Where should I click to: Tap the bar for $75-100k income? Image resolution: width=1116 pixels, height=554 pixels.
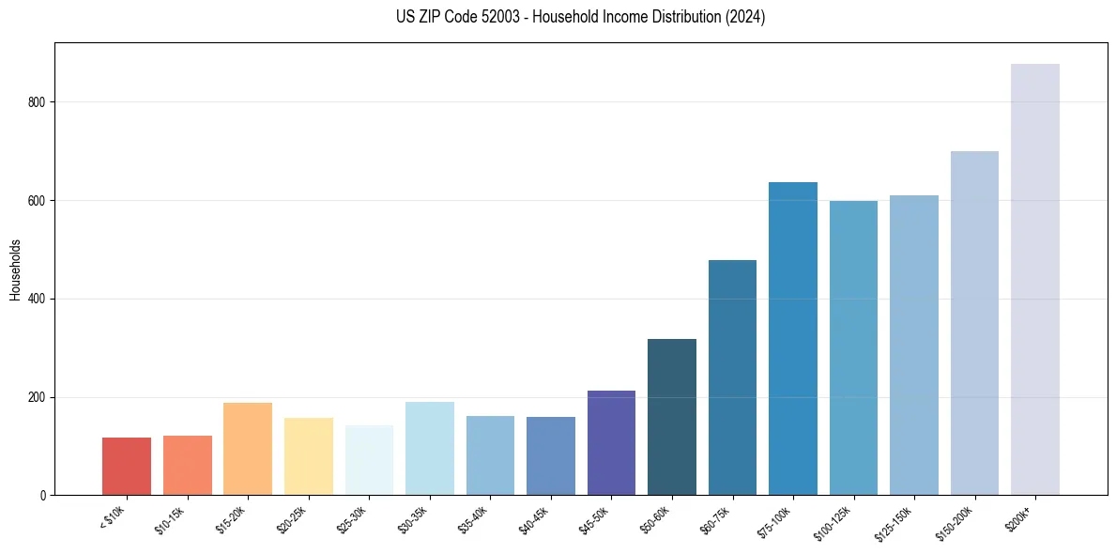click(792, 338)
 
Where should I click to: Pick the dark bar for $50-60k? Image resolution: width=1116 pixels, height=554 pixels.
click(671, 417)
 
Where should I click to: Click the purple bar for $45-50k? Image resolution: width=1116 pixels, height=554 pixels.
click(611, 442)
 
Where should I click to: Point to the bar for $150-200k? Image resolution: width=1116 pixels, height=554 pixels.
click(974, 323)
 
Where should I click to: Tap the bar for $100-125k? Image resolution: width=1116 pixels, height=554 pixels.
click(853, 347)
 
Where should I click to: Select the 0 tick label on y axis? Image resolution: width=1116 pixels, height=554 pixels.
click(43, 496)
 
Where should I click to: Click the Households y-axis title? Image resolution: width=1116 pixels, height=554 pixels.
click(15, 269)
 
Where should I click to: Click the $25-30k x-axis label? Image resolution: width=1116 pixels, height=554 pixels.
click(351, 519)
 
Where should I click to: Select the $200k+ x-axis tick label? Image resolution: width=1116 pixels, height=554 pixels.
click(1019, 516)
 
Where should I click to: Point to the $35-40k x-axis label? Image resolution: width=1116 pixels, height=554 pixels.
click(472, 519)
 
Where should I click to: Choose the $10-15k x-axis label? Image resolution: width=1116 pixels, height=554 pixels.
click(169, 519)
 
